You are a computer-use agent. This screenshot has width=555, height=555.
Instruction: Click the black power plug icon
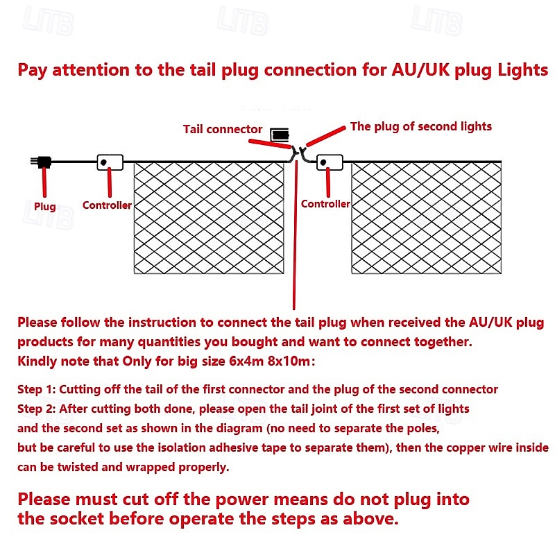click(x=42, y=162)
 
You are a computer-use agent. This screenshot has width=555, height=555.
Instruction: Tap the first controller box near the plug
click(x=110, y=162)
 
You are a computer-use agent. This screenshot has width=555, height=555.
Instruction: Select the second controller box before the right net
click(x=330, y=162)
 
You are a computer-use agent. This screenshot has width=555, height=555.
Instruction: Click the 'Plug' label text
click(x=45, y=206)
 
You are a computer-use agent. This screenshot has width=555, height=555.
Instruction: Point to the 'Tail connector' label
click(x=223, y=129)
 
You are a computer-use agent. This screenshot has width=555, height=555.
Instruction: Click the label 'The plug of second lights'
click(x=421, y=127)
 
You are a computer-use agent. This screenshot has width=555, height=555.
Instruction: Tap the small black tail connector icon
click(x=280, y=135)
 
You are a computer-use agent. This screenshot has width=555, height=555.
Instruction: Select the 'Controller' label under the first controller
click(x=107, y=205)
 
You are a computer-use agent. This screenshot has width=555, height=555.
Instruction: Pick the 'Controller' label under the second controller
click(x=325, y=204)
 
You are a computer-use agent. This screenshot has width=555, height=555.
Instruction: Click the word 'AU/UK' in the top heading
click(x=420, y=70)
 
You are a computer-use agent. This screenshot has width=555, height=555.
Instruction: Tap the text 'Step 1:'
click(x=37, y=389)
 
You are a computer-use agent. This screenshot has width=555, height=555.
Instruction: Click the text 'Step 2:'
click(x=37, y=409)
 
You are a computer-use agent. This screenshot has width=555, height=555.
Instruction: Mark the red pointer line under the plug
click(x=44, y=182)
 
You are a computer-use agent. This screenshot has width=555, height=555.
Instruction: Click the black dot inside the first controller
click(x=103, y=162)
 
